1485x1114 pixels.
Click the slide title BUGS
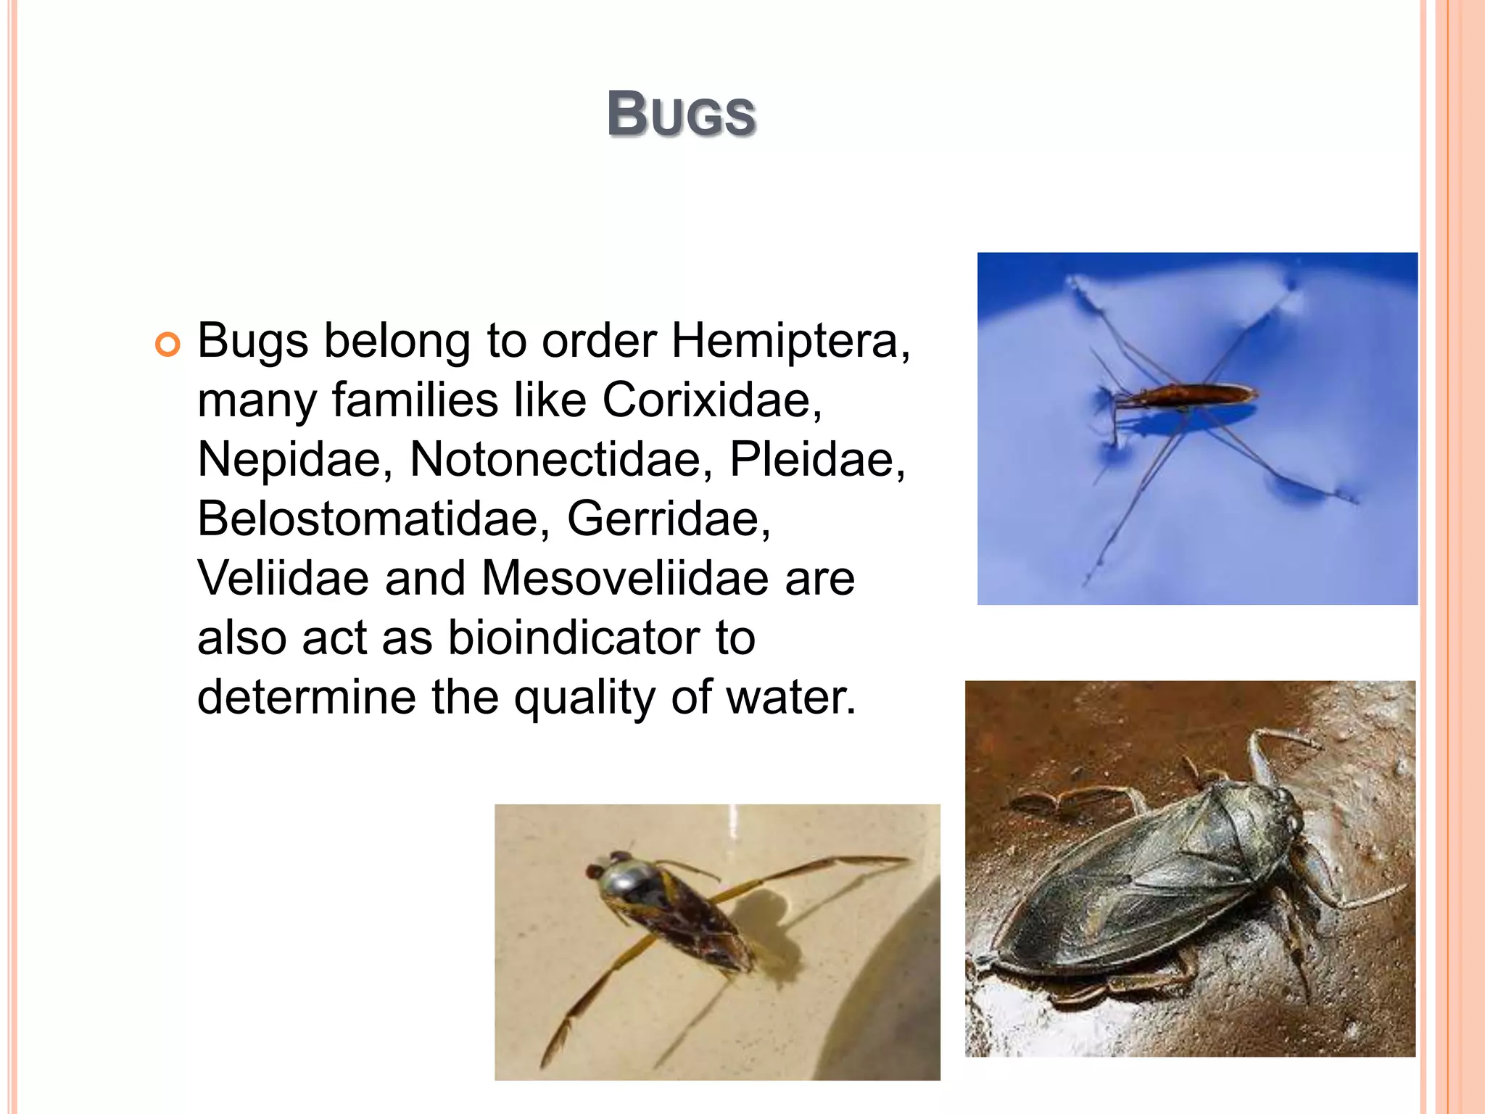(682, 115)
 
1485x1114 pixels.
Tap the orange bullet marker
(167, 344)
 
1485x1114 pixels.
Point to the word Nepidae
(289, 460)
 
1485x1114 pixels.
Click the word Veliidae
(283, 579)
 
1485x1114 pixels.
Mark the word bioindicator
(573, 638)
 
